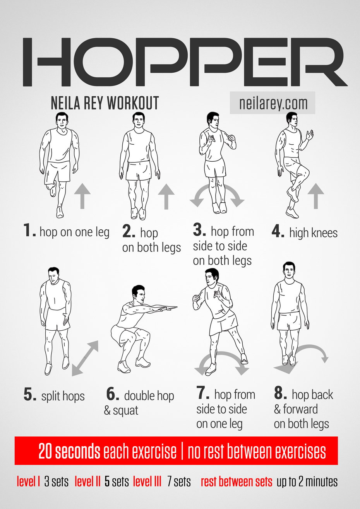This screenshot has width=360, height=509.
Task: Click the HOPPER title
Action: (x=185, y=62)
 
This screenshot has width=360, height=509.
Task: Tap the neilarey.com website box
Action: (x=273, y=103)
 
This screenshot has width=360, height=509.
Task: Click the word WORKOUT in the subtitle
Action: (x=133, y=103)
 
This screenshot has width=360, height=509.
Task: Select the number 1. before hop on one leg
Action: (x=29, y=231)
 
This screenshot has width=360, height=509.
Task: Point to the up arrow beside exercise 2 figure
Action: (x=166, y=196)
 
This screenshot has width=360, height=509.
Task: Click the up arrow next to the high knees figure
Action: (x=315, y=196)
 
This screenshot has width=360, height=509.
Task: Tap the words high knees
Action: (x=314, y=233)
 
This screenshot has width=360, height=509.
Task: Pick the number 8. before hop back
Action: (x=280, y=393)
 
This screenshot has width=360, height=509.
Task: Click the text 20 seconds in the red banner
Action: (x=69, y=451)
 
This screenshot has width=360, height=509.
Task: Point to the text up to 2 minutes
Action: (x=307, y=482)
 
